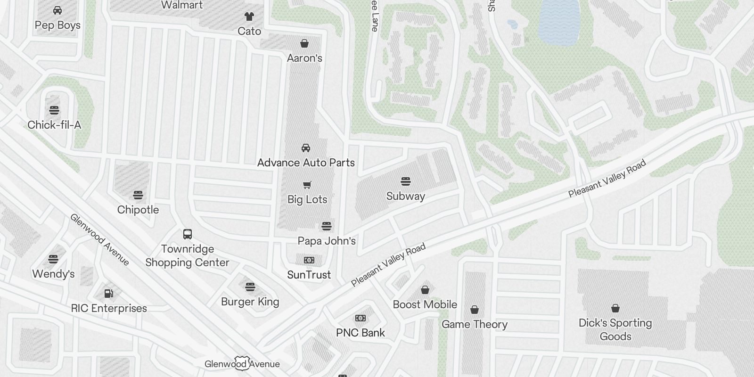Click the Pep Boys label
tap(57, 25)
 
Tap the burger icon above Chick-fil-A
tap(54, 110)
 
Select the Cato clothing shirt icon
tap(249, 16)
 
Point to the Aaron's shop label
tap(304, 58)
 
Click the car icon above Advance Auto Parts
tap(306, 148)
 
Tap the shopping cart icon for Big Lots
tap(307, 185)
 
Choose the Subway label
tap(405, 196)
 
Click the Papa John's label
tap(327, 241)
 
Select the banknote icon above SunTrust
tap(309, 260)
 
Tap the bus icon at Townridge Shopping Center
tap(188, 234)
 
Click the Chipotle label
tap(138, 210)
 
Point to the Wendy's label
tap(53, 274)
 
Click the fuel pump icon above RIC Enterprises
tap(109, 294)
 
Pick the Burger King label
tap(250, 302)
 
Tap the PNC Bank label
tap(361, 333)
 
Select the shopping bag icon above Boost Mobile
tap(425, 290)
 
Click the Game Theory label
tap(475, 324)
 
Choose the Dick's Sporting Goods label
tap(615, 329)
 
